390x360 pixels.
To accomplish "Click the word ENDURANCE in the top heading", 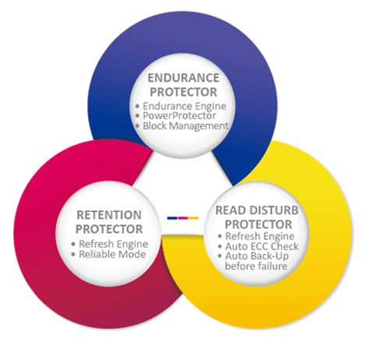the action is click(183, 78).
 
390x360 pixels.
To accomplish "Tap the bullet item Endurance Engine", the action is click(185, 106).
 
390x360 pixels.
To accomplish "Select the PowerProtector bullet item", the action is click(179, 116).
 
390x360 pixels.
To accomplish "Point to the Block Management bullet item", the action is click(186, 126).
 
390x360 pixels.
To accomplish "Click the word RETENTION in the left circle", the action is click(109, 215).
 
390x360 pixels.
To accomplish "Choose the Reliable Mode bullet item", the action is click(112, 254).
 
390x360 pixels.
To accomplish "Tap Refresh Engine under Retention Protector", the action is click(113, 244).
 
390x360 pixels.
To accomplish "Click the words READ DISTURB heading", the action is click(257, 210).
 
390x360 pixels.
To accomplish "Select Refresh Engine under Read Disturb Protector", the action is click(260, 236).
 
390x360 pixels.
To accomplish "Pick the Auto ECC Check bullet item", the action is click(262, 246).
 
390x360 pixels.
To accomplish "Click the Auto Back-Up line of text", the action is click(257, 256).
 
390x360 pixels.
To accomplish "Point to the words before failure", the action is click(256, 266).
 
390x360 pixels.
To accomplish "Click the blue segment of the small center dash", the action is click(172, 218).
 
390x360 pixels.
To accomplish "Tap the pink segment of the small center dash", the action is click(183, 218).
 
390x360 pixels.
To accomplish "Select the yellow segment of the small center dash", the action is click(193, 218).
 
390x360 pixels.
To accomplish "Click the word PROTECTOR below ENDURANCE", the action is click(183, 92).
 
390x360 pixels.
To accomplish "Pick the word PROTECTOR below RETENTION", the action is click(109, 229).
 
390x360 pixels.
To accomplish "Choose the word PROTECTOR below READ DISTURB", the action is click(258, 224).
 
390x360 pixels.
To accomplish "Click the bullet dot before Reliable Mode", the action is click(73, 255).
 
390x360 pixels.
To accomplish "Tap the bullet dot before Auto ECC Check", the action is click(220, 246).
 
